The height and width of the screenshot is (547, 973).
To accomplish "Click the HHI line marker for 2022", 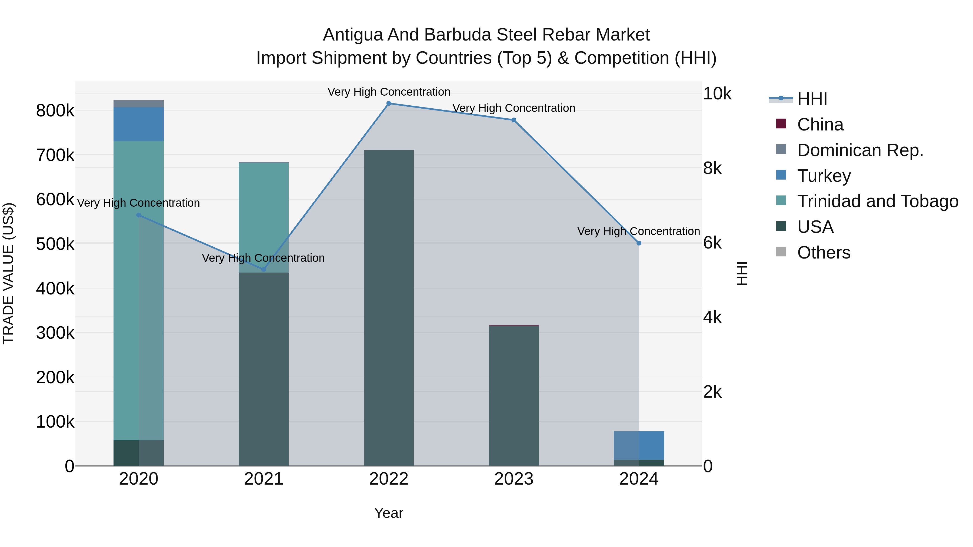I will pos(389,103).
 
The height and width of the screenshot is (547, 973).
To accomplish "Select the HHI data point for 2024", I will pos(639,243).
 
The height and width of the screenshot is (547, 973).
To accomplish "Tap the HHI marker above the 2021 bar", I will pos(264,270).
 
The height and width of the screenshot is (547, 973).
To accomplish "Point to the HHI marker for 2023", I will pos(514,120).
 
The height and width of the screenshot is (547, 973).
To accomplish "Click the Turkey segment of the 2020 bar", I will pos(139,124).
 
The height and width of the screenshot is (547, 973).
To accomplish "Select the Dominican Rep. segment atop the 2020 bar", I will pos(139,104).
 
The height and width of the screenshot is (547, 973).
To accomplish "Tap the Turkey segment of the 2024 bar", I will pos(639,445).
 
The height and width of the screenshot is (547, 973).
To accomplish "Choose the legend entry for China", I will pos(820,125).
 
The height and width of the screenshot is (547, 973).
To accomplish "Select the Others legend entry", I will pos(824,253).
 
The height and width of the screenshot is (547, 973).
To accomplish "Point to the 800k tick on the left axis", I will pos(55,111).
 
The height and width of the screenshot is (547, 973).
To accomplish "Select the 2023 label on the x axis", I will pos(514,479).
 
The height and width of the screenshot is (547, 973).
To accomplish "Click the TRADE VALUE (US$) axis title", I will pos(8,273).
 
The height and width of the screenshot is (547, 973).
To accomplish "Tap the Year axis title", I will pos(389,513).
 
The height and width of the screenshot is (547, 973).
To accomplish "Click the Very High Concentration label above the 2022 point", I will pos(389,92).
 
